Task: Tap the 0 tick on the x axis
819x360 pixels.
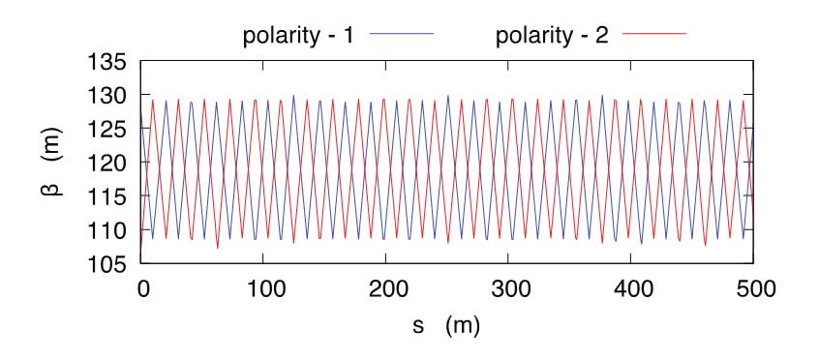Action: coord(141,287)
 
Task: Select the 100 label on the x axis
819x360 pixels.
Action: coord(263,287)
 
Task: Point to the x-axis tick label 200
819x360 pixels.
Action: coord(385,287)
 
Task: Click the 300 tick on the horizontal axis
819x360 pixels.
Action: coord(508,287)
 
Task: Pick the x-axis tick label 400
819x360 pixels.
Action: coord(630,287)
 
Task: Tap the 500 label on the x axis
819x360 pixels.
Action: coord(752,287)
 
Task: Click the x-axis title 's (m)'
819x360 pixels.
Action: coord(446,327)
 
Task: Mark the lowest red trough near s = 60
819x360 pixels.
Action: coord(218,249)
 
